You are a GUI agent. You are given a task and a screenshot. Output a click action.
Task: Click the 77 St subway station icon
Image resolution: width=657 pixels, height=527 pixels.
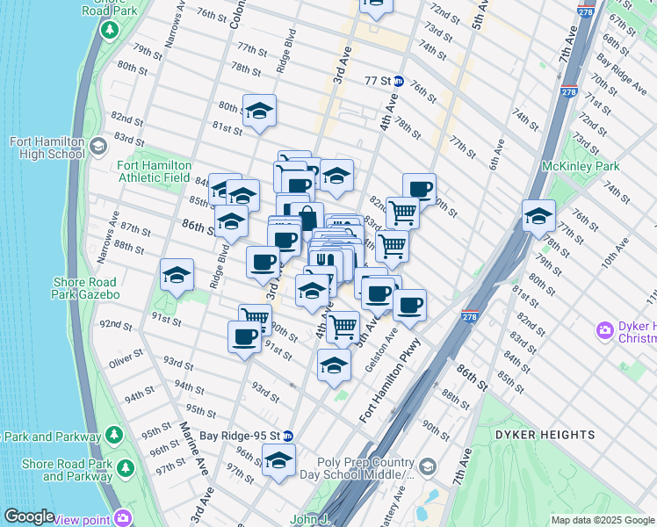pyautogui.click(x=398, y=81)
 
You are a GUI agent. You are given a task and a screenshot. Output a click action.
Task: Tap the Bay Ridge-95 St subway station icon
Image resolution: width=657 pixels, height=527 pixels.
pyautogui.click(x=287, y=435)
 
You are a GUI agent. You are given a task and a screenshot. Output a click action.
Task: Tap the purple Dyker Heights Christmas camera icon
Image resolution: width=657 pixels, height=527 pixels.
pyautogui.click(x=605, y=331)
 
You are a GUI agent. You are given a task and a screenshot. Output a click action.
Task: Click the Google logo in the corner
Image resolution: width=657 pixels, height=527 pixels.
pyautogui.click(x=28, y=516)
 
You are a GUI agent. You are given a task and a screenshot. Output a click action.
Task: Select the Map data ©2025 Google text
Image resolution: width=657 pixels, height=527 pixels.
pyautogui.click(x=603, y=520)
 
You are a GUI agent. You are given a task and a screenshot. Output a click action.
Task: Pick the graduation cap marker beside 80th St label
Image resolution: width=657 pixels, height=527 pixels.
pyautogui.click(x=259, y=112)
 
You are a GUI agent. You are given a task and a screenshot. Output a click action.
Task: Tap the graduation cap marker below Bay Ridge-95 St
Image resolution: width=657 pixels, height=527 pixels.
pyautogui.click(x=279, y=460)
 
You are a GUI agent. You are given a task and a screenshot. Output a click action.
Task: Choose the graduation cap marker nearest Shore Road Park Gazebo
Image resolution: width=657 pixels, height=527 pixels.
pyautogui.click(x=177, y=275)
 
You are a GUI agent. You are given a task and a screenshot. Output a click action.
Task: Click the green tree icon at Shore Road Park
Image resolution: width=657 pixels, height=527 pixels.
pyautogui.click(x=109, y=32)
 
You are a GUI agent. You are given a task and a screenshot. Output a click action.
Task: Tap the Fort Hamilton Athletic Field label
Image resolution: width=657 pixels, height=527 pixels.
pyautogui.click(x=155, y=171)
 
